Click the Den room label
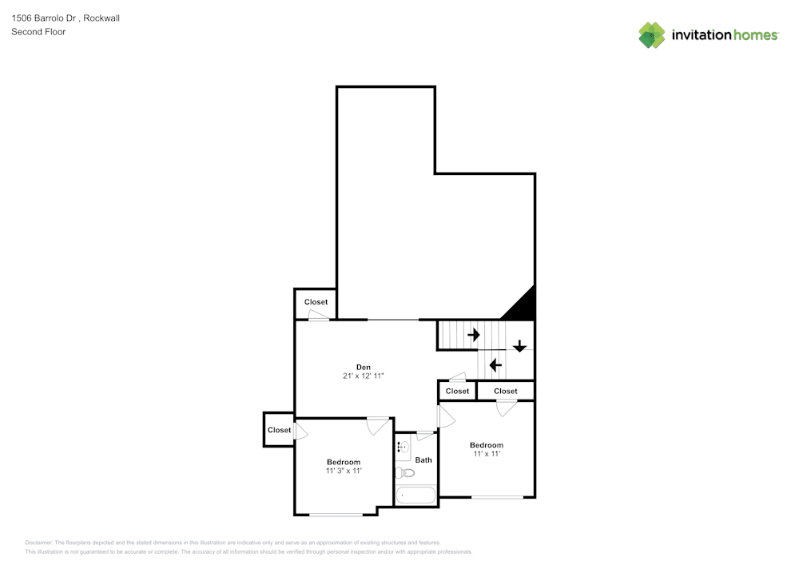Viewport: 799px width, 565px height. (x=363, y=367)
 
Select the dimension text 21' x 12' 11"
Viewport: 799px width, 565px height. (x=363, y=376)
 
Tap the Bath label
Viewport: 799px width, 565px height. (x=423, y=460)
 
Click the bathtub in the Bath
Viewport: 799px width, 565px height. (x=415, y=495)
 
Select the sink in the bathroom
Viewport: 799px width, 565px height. (x=402, y=448)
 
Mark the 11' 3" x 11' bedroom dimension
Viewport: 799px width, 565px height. (x=344, y=471)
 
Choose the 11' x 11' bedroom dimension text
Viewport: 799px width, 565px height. (x=486, y=454)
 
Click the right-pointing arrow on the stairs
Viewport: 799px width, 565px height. (x=473, y=334)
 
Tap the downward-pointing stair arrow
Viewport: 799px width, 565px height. (x=519, y=346)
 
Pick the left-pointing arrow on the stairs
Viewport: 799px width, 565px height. (x=495, y=365)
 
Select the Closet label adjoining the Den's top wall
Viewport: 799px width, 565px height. (x=316, y=302)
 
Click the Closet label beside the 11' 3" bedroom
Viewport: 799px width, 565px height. (x=279, y=430)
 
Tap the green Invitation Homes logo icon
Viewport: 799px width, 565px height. (x=652, y=35)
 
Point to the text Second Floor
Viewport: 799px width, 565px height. (x=38, y=32)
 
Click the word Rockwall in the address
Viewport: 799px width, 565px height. (x=101, y=18)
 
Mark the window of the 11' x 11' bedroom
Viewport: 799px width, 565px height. (x=497, y=498)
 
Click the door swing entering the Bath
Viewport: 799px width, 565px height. (x=426, y=436)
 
